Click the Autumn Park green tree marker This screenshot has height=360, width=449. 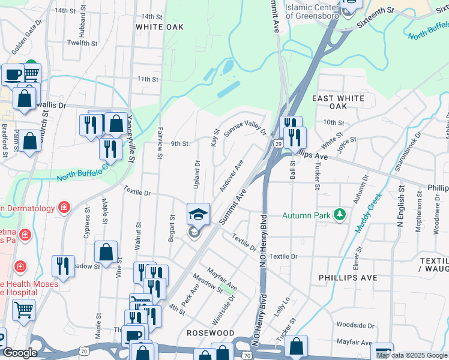point(340,214)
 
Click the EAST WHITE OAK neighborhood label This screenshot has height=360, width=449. point(339,101)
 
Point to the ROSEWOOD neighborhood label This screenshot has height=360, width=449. point(210,332)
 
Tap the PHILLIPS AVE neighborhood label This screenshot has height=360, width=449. point(348,278)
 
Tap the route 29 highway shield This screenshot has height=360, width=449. point(278,144)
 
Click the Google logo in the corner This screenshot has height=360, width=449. point(20,353)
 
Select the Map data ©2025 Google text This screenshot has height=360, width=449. point(412,355)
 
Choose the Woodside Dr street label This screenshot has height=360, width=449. point(355,325)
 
